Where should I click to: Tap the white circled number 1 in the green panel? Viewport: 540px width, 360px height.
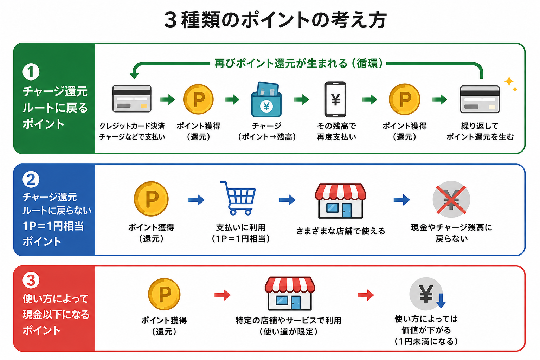(31, 72)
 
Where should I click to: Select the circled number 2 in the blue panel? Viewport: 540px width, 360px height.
(31, 179)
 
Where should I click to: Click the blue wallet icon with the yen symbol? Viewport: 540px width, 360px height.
(266, 99)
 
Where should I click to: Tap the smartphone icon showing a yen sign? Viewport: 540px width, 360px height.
(335, 99)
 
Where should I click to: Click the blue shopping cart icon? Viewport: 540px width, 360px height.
(238, 198)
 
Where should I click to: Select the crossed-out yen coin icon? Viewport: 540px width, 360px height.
(451, 199)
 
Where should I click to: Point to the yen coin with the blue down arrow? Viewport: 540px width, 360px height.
(427, 294)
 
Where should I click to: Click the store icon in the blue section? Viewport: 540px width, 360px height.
(340, 201)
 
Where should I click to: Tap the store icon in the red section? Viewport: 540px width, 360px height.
(290, 293)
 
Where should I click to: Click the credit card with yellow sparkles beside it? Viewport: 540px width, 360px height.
(480, 99)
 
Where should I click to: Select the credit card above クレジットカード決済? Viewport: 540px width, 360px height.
(132, 99)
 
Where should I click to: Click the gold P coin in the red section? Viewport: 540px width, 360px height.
(164, 294)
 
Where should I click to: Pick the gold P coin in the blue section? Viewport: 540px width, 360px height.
(151, 199)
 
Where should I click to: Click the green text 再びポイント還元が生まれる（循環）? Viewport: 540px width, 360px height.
(298, 63)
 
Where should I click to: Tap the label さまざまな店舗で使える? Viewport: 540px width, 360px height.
(340, 231)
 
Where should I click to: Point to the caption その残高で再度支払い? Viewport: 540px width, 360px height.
(336, 131)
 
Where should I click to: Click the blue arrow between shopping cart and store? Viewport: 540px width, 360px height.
(287, 200)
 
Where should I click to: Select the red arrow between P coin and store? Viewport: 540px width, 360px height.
(223, 295)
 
